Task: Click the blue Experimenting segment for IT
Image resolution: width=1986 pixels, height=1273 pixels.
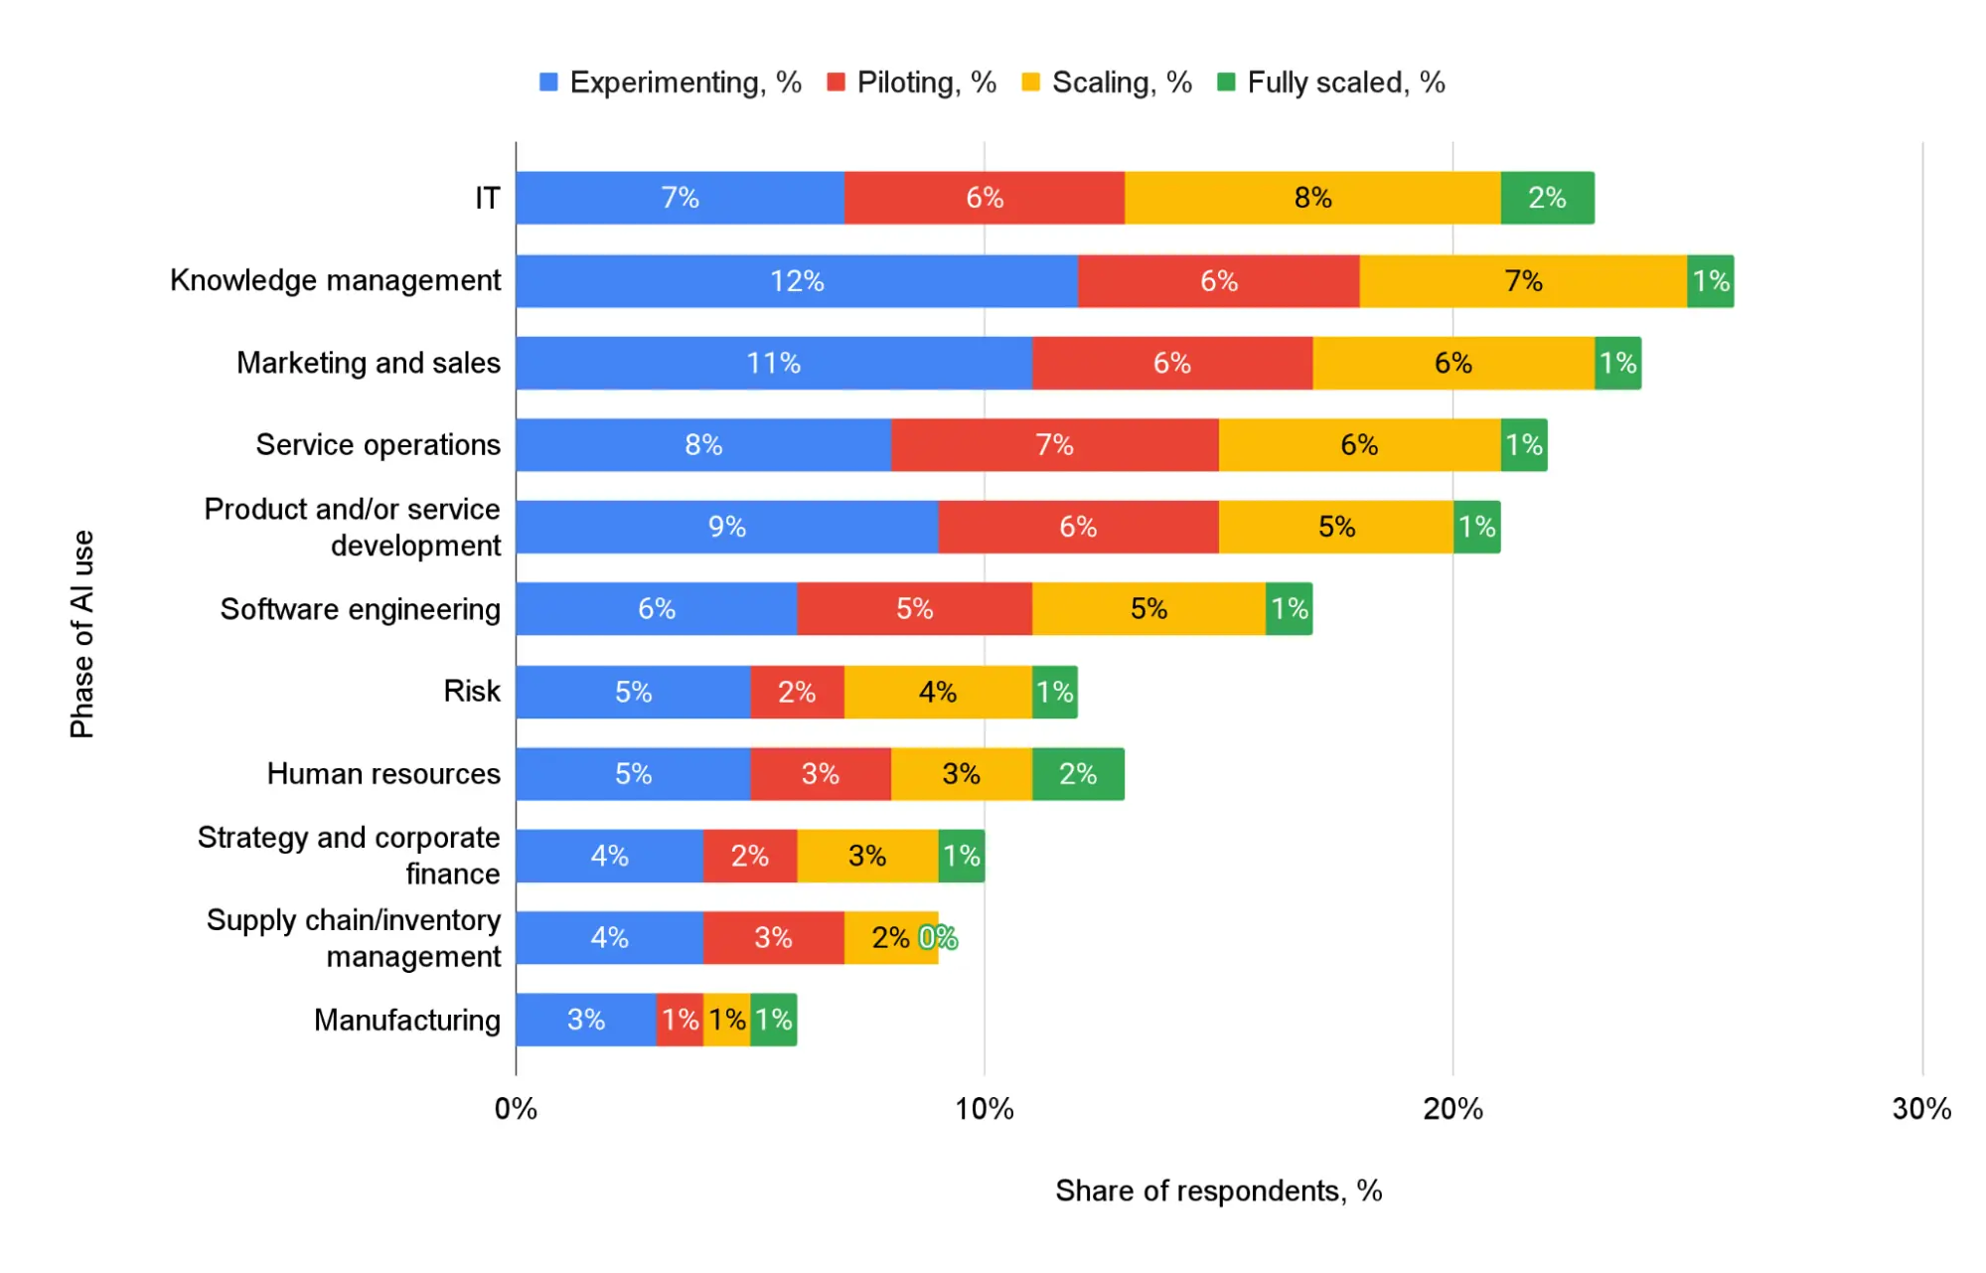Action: click(680, 198)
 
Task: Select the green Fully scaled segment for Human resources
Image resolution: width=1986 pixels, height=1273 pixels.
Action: click(1078, 774)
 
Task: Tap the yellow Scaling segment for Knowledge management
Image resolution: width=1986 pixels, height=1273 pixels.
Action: click(1522, 281)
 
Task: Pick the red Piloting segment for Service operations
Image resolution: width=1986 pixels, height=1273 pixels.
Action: click(1054, 445)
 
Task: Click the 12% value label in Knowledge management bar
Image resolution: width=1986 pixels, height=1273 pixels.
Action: click(797, 281)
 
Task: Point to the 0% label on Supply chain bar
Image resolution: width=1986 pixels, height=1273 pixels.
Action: click(938, 938)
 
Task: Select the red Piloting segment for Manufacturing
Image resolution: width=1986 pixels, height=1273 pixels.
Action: click(680, 1020)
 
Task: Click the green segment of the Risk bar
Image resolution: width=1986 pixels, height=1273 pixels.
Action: click(1054, 692)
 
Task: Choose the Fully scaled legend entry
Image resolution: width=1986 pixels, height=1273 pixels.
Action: click(1331, 82)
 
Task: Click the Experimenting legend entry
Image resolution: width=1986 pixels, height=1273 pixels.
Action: click(671, 82)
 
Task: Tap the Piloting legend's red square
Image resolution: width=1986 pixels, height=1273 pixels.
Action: click(836, 82)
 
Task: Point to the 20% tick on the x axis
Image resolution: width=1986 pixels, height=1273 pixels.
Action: click(1452, 1109)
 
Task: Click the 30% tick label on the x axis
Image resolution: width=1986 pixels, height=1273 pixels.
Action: click(1921, 1109)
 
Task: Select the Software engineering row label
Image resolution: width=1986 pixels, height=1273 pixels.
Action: click(360, 609)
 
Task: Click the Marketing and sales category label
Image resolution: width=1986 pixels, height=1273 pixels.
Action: click(368, 363)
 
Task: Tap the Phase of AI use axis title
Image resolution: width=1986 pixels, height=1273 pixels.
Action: click(82, 634)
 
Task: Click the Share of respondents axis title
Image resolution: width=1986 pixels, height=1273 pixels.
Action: click(1218, 1191)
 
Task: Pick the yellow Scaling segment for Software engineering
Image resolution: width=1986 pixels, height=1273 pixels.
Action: click(1148, 609)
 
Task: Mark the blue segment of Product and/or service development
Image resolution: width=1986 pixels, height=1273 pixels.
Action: click(726, 527)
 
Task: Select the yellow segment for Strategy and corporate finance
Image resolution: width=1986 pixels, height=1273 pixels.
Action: click(866, 856)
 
